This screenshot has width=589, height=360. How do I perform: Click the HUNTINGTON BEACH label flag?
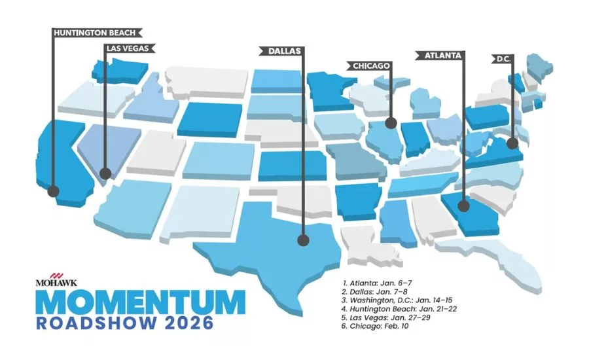(x=95, y=31)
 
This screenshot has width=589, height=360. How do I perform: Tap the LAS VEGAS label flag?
(x=130, y=48)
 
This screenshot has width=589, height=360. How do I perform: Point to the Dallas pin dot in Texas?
(x=303, y=240)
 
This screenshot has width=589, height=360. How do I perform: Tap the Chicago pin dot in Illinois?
(x=391, y=122)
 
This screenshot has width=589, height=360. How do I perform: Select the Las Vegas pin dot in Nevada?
(x=105, y=174)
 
